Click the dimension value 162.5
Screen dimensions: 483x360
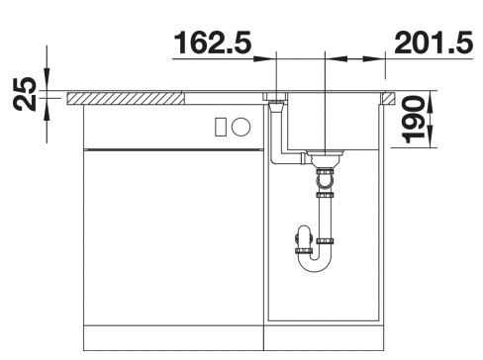point(212,43)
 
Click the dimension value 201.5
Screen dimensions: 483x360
point(434,43)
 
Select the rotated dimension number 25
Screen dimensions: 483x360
point(25,94)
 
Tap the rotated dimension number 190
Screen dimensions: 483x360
point(413,120)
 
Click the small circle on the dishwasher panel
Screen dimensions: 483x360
point(241,127)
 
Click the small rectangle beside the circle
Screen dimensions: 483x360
point(220,127)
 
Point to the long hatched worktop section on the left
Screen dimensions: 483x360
point(126,99)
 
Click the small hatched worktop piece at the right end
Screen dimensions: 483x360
point(389,99)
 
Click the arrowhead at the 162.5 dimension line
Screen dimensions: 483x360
point(264,59)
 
